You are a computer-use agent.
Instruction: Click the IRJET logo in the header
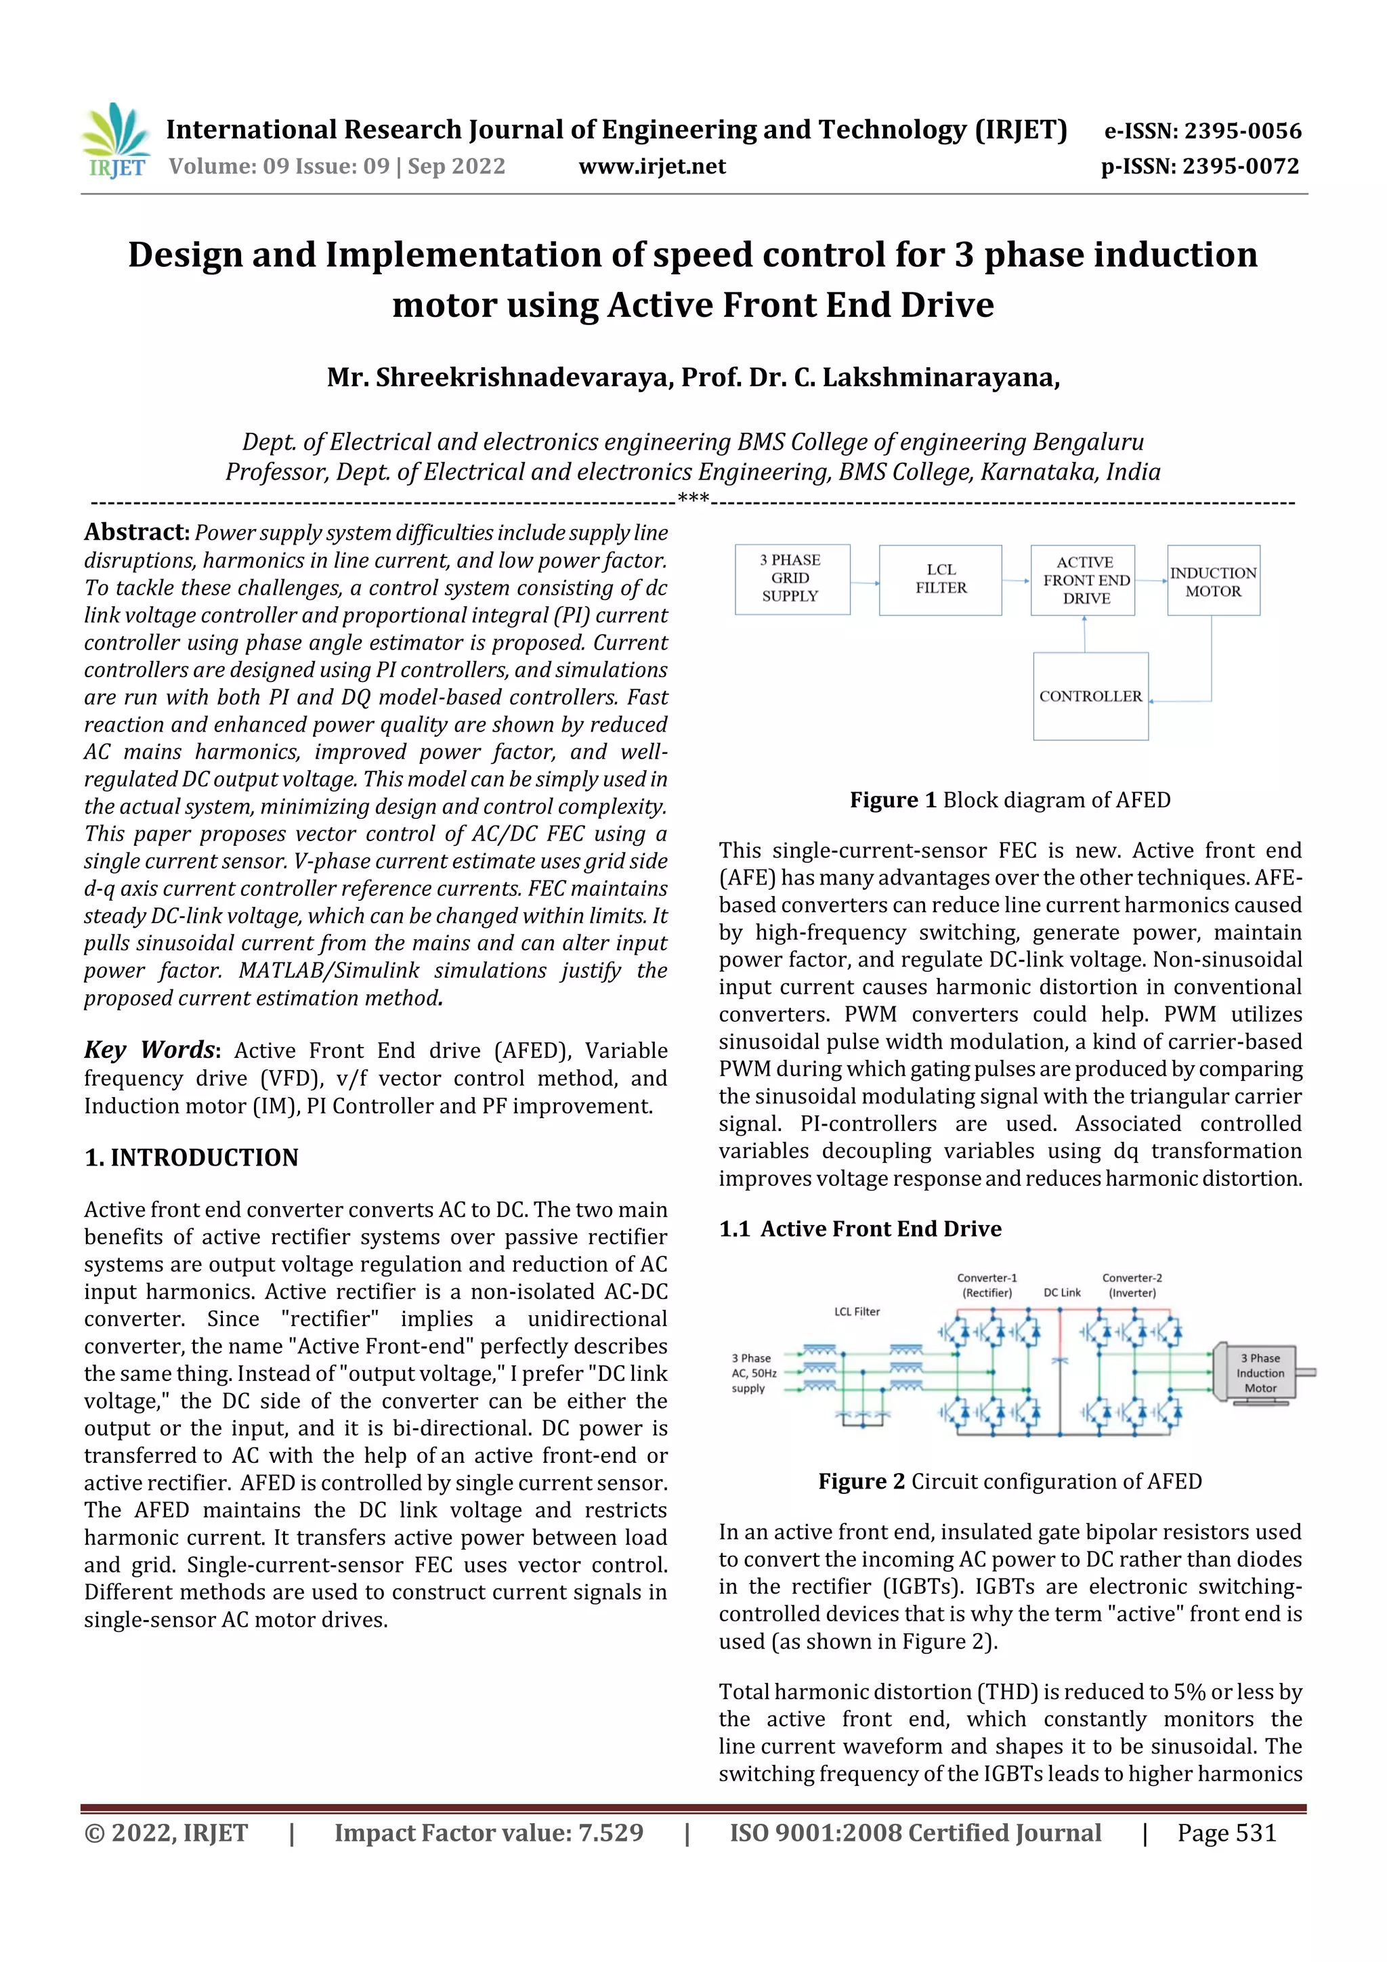[x=115, y=141]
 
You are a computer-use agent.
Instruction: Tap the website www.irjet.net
[x=652, y=167]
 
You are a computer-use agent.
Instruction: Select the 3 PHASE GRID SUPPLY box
[x=791, y=578]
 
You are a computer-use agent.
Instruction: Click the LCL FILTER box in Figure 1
[x=940, y=579]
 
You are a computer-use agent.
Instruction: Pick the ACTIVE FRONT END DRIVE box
[x=1084, y=579]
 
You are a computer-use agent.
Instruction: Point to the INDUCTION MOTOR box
[x=1213, y=581]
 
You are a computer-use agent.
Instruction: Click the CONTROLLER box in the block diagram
[x=1090, y=696]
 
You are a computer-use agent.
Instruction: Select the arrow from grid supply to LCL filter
[x=865, y=583]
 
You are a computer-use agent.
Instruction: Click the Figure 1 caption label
[x=893, y=800]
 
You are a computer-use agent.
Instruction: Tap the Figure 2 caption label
[x=861, y=1481]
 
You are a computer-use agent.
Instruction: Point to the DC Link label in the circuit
[x=1061, y=1293]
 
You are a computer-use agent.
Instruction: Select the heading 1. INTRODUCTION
[x=192, y=1158]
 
